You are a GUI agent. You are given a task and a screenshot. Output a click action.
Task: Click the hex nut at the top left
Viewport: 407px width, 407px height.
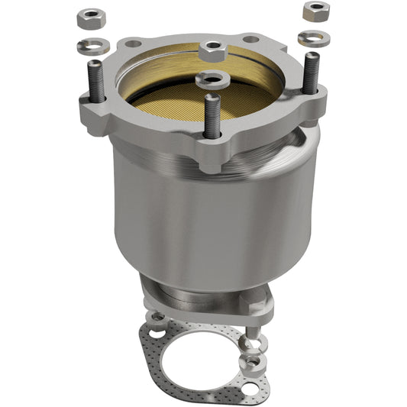coord(92,15)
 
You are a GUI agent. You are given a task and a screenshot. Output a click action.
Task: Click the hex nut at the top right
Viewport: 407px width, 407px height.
coord(315,11)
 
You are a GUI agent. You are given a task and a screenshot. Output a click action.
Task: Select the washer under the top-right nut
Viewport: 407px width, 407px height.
coord(313,37)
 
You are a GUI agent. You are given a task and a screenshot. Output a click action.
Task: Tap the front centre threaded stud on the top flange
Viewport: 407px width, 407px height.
coord(212,115)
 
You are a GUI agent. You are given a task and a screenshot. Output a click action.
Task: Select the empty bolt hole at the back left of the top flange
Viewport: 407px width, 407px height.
coord(134,44)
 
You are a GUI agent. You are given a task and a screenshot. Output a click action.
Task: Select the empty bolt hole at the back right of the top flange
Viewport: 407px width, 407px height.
coord(250,38)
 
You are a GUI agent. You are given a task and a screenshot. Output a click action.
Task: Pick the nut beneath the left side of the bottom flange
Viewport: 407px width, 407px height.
coord(157,315)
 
